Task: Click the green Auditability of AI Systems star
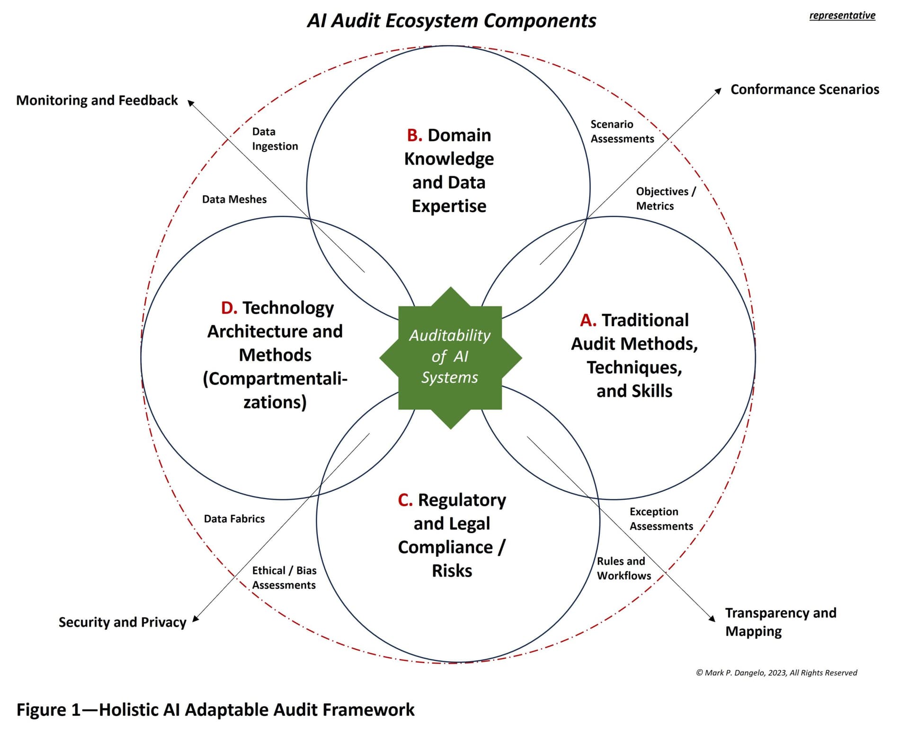pos(450,357)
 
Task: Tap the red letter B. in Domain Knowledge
pos(414,135)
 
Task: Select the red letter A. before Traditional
pos(588,320)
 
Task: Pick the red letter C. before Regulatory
pos(405,500)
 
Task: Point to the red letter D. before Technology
pos(229,308)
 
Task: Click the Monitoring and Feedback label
pos(97,100)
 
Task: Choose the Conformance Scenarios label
pos(804,89)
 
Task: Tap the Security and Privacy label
pos(122,622)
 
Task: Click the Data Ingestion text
pos(275,139)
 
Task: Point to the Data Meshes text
pos(234,199)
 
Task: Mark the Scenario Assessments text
pos(622,132)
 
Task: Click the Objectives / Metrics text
pos(665,198)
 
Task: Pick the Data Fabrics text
pos(234,519)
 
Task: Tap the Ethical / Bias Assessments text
pos(284,577)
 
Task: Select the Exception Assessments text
pos(661,519)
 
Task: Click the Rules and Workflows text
pos(624,568)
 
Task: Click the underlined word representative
pos(842,15)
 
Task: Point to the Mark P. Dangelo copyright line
pos(776,672)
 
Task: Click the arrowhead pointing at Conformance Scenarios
pos(718,91)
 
